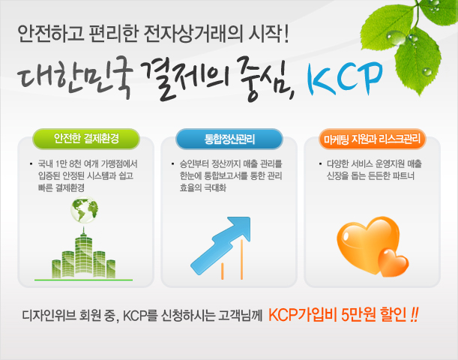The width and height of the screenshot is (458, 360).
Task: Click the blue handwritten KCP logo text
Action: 345,78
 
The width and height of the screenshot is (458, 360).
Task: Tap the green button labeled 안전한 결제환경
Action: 86,139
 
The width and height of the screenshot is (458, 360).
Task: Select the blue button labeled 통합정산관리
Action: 229,139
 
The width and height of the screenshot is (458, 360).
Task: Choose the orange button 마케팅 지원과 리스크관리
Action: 372,139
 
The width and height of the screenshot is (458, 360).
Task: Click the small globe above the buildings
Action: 85,209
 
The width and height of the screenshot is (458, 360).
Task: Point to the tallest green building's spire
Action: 84,232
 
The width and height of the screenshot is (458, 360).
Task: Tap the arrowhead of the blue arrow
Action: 240,228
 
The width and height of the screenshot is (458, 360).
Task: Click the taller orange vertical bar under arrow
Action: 241,259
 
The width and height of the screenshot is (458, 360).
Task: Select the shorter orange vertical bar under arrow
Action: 223,271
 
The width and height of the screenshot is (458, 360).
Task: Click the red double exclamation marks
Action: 415,315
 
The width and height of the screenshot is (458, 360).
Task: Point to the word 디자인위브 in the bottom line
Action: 49,316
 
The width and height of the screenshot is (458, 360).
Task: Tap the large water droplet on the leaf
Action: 396,38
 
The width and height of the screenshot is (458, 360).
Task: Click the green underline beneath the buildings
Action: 83,280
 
